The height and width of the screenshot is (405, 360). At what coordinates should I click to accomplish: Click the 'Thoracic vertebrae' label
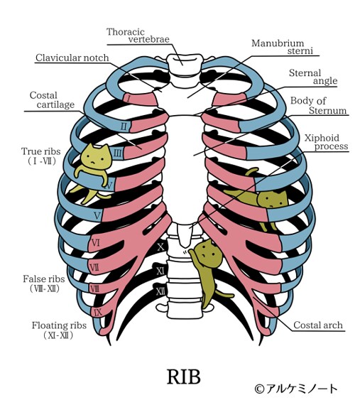[x=138, y=36]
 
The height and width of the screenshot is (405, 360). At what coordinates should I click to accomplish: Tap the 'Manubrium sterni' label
[x=283, y=47]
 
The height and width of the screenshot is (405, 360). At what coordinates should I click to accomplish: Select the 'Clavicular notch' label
[x=72, y=58]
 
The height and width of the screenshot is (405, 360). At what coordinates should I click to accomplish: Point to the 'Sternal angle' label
[x=313, y=77]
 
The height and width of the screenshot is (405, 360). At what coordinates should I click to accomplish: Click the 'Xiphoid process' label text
[x=326, y=142]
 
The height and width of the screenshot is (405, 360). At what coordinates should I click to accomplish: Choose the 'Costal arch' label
[x=318, y=325]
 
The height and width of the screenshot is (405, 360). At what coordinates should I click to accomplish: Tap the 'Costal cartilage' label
[x=52, y=99]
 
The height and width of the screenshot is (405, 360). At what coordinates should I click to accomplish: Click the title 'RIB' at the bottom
[x=183, y=377]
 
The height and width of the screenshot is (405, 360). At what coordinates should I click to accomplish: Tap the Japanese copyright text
[x=296, y=389]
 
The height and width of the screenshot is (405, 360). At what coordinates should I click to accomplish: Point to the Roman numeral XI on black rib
[x=160, y=271]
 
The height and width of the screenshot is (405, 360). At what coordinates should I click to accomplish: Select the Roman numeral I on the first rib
[x=128, y=99]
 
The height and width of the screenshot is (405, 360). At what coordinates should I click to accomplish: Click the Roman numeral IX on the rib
[x=98, y=313]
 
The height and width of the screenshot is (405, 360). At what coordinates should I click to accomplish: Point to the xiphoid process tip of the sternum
[x=184, y=246]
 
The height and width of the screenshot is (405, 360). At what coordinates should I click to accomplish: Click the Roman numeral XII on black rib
[x=160, y=291]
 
